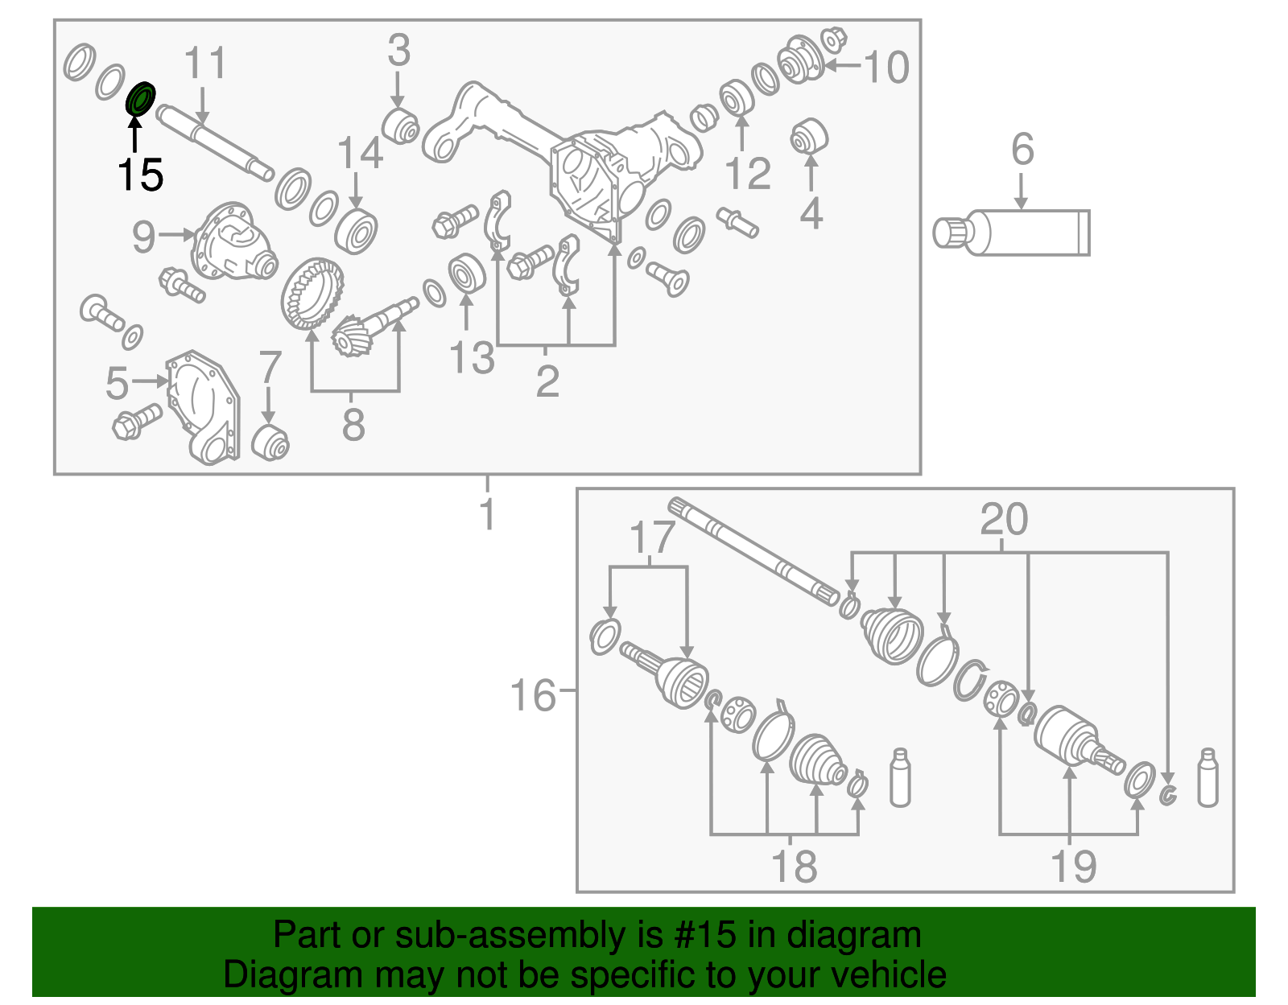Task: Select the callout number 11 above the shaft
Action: pyautogui.click(x=205, y=63)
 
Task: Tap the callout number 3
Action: pyautogui.click(x=399, y=51)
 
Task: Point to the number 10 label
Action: pyautogui.click(x=886, y=67)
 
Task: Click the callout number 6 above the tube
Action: pyautogui.click(x=1022, y=149)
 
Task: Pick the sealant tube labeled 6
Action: pyautogui.click(x=1011, y=233)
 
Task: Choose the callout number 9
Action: pyautogui.click(x=143, y=237)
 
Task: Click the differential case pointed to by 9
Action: pyautogui.click(x=235, y=241)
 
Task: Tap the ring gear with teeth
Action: pyautogui.click(x=312, y=293)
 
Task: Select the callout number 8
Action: pyautogui.click(x=354, y=424)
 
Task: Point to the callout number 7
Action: pyautogui.click(x=270, y=368)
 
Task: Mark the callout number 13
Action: pyautogui.click(x=472, y=358)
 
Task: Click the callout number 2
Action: pyautogui.click(x=547, y=381)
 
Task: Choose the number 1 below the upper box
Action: pyautogui.click(x=487, y=514)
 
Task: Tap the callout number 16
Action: pyautogui.click(x=533, y=695)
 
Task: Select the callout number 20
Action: pyautogui.click(x=1004, y=519)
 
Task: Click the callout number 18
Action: pyautogui.click(x=795, y=867)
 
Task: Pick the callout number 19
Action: pyautogui.click(x=1073, y=867)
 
